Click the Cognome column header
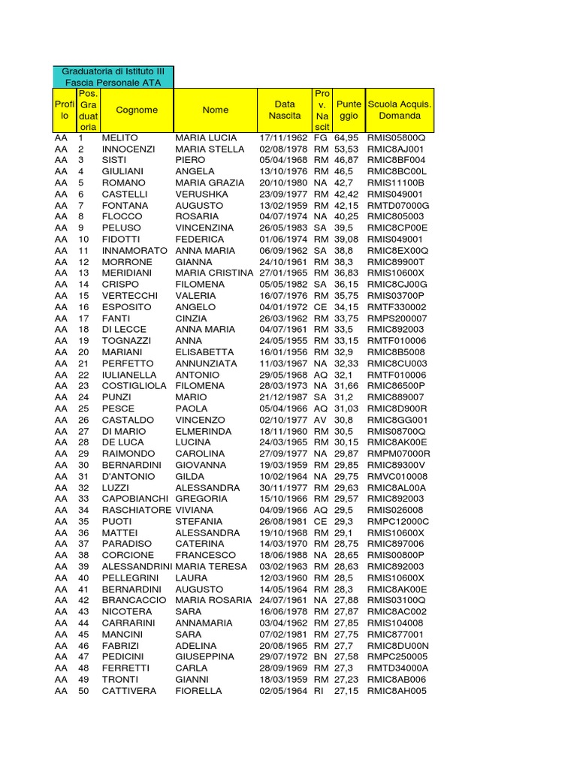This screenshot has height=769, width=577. pyautogui.click(x=137, y=110)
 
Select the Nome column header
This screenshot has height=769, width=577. pyautogui.click(x=216, y=110)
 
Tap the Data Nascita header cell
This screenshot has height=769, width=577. pyautogui.click(x=285, y=110)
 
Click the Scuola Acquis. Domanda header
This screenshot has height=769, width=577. pyautogui.click(x=400, y=110)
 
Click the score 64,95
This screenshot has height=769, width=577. pyautogui.click(x=346, y=138)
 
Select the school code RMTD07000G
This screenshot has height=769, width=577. pyautogui.click(x=397, y=206)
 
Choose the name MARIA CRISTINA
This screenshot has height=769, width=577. pyautogui.click(x=214, y=273)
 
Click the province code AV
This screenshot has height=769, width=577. pyautogui.click(x=320, y=420)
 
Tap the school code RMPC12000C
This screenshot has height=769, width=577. pyautogui.click(x=398, y=521)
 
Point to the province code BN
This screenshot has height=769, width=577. pyautogui.click(x=320, y=656)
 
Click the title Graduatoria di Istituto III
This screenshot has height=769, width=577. pyautogui.click(x=113, y=71)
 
